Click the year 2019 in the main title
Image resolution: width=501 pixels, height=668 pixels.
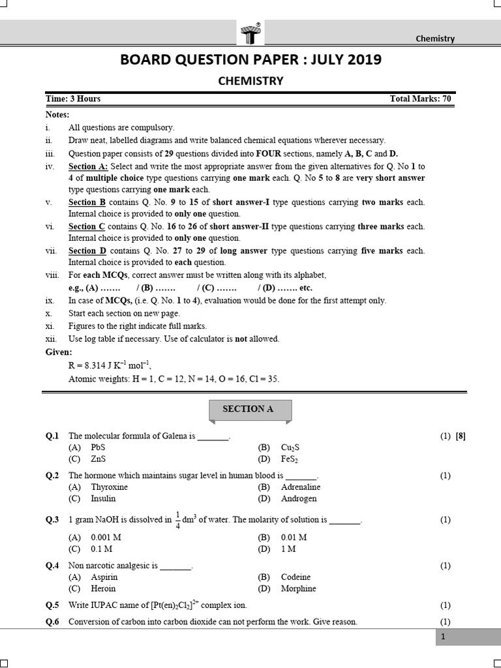(360, 60)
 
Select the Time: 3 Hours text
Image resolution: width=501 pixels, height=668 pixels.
(73, 99)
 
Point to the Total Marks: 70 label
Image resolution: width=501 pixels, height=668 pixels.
(420, 99)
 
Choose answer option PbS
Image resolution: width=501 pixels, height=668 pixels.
(98, 448)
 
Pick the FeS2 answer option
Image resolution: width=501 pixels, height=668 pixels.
(290, 459)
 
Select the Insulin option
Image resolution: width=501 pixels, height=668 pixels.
(103, 498)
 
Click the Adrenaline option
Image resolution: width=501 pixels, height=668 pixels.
(301, 487)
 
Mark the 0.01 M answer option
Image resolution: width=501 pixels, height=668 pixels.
(294, 537)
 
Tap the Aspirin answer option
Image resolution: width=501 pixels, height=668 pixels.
(104, 577)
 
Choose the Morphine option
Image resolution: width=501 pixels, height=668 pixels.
(298, 588)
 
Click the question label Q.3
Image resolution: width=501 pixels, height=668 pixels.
(52, 520)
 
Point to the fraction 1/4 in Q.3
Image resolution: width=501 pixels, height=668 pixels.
(177, 520)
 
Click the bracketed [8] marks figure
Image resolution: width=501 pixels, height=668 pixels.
(461, 436)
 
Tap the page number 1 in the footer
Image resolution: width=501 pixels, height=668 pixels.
(442, 637)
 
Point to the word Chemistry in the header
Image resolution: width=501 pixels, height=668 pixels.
(435, 38)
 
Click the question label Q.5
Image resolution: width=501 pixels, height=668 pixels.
(52, 605)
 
